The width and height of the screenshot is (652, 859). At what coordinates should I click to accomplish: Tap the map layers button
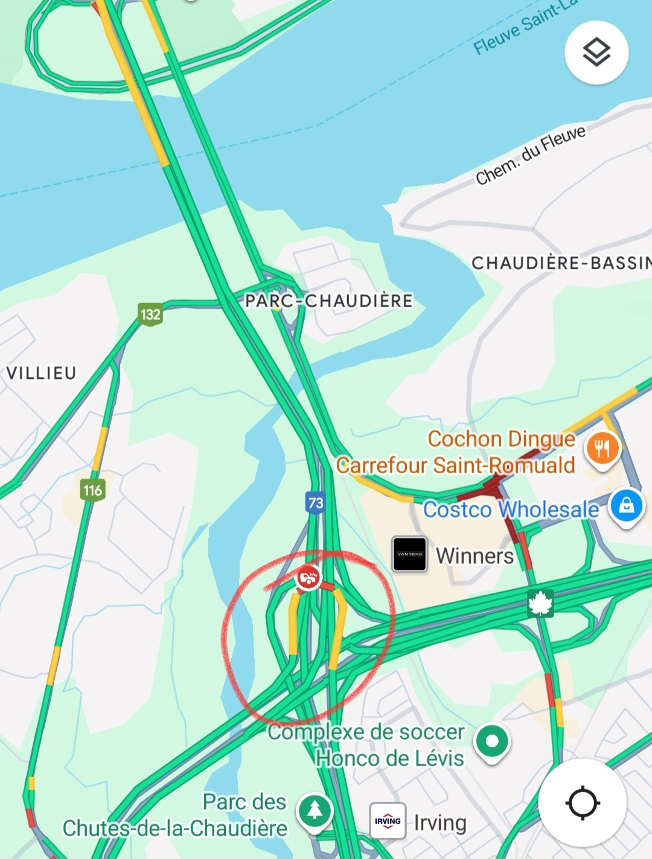coord(596,52)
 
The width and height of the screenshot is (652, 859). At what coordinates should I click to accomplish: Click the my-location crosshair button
coord(582,803)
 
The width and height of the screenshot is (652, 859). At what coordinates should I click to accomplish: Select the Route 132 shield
coord(150,314)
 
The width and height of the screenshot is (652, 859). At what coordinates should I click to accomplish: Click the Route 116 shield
coord(92,490)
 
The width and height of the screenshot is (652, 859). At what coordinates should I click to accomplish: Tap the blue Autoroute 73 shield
coord(316,502)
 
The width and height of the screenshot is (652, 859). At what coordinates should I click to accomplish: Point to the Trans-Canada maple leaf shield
coord(540,604)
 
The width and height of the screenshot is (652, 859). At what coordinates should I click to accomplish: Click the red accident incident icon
coord(308,578)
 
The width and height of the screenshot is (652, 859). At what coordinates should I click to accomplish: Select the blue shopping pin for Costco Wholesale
coord(626,505)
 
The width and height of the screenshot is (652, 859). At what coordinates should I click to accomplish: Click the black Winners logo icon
coord(410,554)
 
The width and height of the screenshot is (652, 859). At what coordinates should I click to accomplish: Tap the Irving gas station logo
coord(388,821)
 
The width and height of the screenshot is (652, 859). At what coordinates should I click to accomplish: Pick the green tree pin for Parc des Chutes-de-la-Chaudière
coord(315,811)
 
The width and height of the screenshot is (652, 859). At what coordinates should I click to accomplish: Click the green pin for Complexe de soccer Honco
coord(492,741)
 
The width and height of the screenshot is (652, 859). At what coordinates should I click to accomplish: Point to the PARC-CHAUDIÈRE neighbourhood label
coord(329,301)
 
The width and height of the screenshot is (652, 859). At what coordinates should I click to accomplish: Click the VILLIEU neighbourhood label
coord(41,373)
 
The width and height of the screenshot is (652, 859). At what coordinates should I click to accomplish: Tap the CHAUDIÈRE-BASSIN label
coord(561,263)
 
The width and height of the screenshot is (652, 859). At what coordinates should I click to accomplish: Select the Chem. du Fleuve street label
coord(531,155)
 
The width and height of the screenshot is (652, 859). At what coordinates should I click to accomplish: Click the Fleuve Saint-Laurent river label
coord(525,27)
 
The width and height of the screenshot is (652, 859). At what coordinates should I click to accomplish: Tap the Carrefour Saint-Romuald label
coord(456,465)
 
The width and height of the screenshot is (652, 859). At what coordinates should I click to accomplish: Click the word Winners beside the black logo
coord(475,555)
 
